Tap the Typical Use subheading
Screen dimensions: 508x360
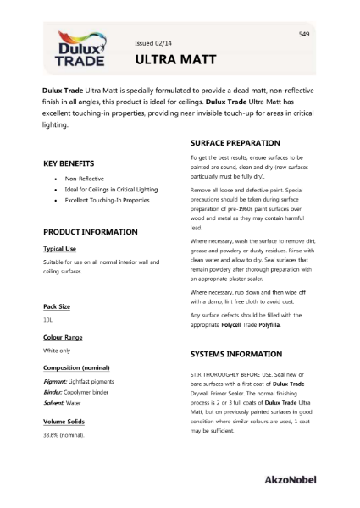pos(64,249)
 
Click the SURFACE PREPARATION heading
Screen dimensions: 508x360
pos(235,142)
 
